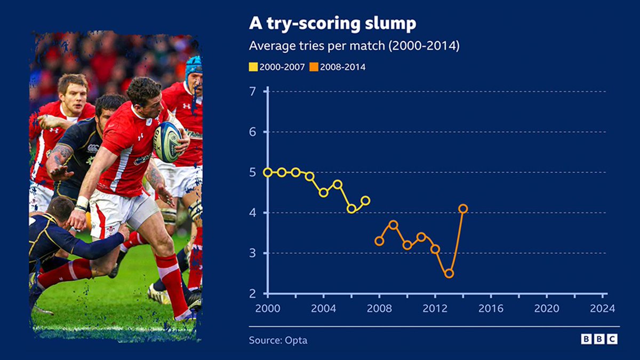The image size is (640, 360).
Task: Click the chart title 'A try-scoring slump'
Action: tap(332, 24)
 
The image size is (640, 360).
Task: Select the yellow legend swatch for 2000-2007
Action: tap(253, 67)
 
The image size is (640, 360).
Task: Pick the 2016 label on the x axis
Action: tap(491, 309)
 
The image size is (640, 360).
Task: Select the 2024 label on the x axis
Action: tap(603, 309)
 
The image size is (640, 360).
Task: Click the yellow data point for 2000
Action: tap(268, 172)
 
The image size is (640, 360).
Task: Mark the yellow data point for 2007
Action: tap(365, 201)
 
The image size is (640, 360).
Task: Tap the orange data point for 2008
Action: tap(379, 241)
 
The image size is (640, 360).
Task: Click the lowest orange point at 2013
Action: tap(449, 274)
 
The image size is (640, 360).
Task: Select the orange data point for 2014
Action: tap(463, 209)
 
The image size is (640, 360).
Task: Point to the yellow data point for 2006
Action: tap(351, 209)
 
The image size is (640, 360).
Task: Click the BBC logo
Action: tap(599, 339)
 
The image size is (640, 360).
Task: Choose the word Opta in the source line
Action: tap(297, 340)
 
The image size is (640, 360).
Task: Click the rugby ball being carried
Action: tap(166, 141)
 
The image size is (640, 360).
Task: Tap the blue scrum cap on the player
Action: tap(194, 66)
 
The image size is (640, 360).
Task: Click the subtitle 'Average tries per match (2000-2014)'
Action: tap(354, 46)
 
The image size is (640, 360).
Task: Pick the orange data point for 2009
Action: tap(393, 225)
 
